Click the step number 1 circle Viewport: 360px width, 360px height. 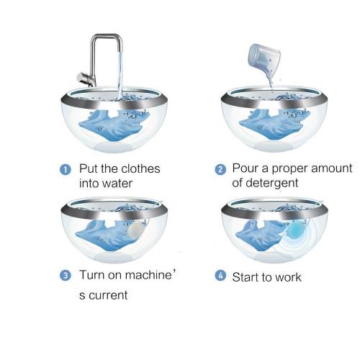66,169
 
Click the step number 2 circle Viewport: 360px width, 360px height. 220,169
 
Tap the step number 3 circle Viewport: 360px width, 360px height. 66,275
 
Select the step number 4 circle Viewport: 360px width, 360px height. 220,275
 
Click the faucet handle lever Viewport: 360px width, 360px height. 84,78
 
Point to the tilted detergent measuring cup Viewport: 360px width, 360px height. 264,57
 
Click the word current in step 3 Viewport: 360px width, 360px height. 108,295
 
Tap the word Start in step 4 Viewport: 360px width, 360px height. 245,277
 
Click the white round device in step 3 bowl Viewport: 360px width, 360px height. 136,228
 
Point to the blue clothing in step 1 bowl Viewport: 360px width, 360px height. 113,125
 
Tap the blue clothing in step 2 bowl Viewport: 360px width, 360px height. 272,125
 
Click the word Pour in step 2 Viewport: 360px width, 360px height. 245,168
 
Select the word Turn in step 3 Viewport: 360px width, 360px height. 92,275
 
